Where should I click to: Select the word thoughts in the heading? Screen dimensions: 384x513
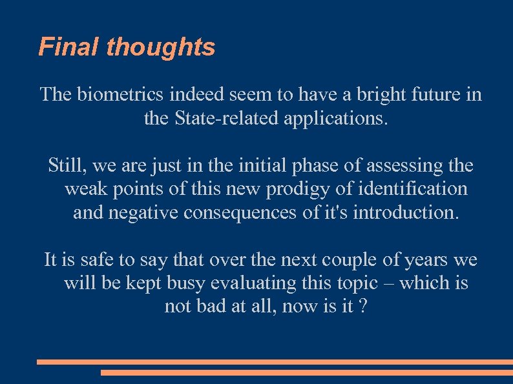click(161, 47)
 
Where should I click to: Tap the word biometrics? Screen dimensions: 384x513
click(121, 95)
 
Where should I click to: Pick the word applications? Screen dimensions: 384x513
click(337, 119)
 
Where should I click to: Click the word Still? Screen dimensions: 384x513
click(67, 166)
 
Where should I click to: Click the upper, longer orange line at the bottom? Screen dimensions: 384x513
click(275, 362)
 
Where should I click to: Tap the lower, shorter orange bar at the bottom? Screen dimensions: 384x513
click(306, 372)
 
